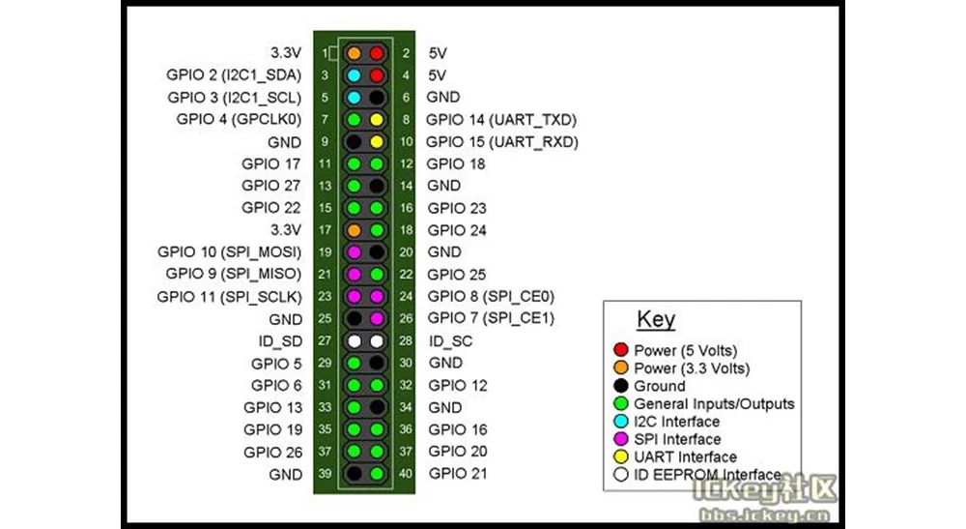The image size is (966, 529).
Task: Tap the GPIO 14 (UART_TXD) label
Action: pos(501,120)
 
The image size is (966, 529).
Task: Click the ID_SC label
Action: pos(450,341)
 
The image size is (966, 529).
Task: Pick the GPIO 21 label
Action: pos(458,474)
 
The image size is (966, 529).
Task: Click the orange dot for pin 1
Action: pos(355,53)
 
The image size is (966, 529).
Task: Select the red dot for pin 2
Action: pos(377,53)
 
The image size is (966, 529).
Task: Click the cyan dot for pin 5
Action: pos(355,98)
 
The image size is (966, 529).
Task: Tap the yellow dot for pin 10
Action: pos(377,142)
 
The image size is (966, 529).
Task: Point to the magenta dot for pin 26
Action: pos(377,319)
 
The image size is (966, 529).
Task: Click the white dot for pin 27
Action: pos(355,341)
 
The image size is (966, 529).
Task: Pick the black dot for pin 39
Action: pos(355,474)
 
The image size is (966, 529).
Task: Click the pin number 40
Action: pos(407,474)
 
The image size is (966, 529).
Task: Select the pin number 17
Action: pos(326,230)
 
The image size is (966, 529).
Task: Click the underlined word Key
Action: pos(656,320)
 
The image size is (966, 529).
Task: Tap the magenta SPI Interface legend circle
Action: pos(621,440)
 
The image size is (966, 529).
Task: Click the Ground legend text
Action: pos(659,386)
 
